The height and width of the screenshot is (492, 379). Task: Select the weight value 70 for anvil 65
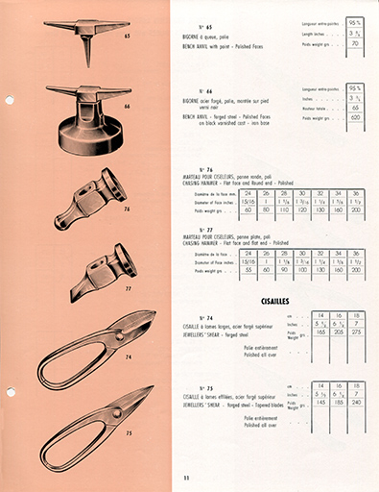[355, 43]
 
